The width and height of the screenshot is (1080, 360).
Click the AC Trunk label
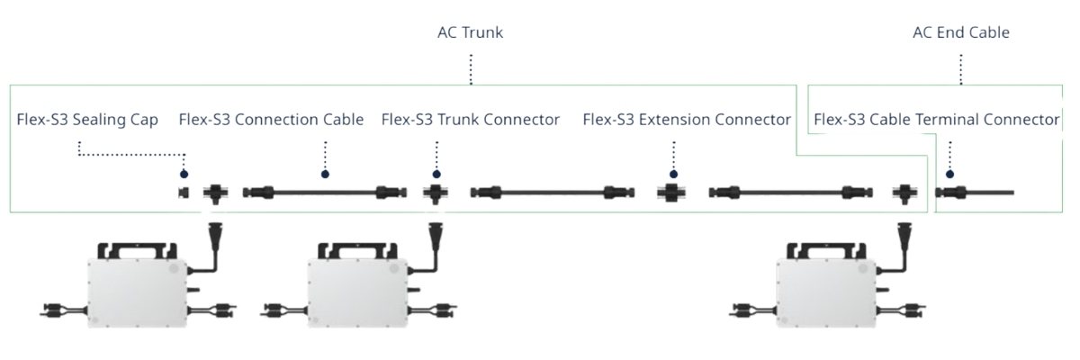pyautogui.click(x=470, y=33)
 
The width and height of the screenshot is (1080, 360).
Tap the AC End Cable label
pyautogui.click(x=960, y=33)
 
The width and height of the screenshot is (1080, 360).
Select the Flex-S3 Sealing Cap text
pyautogui.click(x=87, y=120)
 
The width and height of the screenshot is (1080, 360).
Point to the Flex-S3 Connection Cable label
pyautogui.click(x=271, y=120)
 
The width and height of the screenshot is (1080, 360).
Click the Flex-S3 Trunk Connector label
pyautogui.click(x=470, y=120)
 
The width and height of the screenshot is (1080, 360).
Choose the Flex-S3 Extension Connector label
pyautogui.click(x=687, y=120)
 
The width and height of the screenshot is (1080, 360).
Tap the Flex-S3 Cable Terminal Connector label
pyautogui.click(x=936, y=120)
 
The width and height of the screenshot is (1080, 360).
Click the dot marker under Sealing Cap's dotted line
pyautogui.click(x=184, y=174)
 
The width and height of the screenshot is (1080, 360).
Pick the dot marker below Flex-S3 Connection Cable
pyautogui.click(x=325, y=174)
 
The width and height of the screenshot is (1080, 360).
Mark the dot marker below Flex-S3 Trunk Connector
pyautogui.click(x=436, y=174)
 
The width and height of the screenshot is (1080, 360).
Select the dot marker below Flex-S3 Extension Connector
pyautogui.click(x=673, y=174)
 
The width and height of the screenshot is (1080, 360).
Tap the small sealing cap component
pyautogui.click(x=184, y=192)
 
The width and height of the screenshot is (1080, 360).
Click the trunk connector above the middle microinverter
pyautogui.click(x=436, y=193)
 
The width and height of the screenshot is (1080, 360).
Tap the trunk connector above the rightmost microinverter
pyautogui.click(x=904, y=193)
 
